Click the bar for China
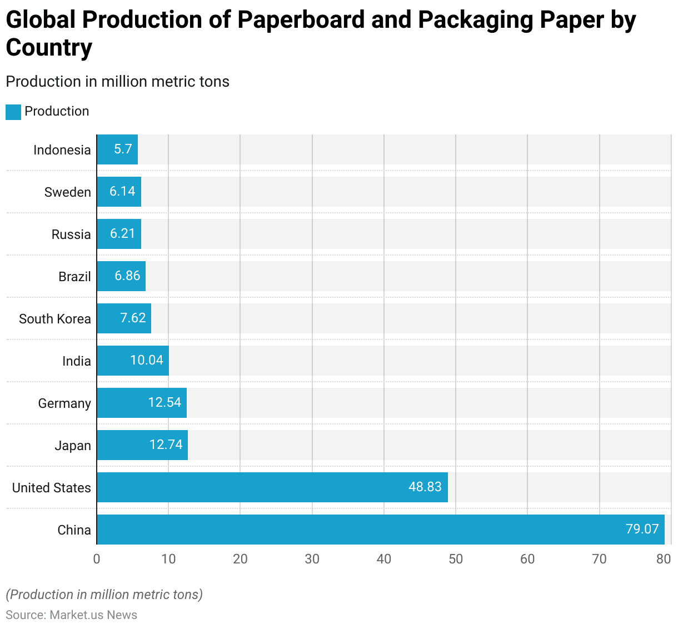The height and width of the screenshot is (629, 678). point(381,530)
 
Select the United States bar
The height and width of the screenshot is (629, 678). point(272,487)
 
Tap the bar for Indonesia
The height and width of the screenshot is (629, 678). point(117,149)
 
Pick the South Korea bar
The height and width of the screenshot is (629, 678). point(124,318)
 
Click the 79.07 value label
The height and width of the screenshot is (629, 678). point(642,529)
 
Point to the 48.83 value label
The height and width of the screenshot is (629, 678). point(425,487)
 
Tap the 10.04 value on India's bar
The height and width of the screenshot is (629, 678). point(147,360)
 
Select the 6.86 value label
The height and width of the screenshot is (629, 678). point(127,276)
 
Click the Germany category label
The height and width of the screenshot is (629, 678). point(64,403)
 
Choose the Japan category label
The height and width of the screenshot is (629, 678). point(73,446)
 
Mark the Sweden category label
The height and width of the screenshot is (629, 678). point(68,192)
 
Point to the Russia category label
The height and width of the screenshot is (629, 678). point(71,234)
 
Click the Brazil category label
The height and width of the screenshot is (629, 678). point(74,277)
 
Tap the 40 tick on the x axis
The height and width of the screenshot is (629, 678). point(384,559)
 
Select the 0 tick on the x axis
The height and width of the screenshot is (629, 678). point(97,559)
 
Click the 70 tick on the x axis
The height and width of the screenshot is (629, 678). point(599,559)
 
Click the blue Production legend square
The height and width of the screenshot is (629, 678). point(13,112)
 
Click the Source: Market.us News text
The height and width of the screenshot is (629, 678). point(71,615)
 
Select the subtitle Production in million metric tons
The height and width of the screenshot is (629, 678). point(117,82)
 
